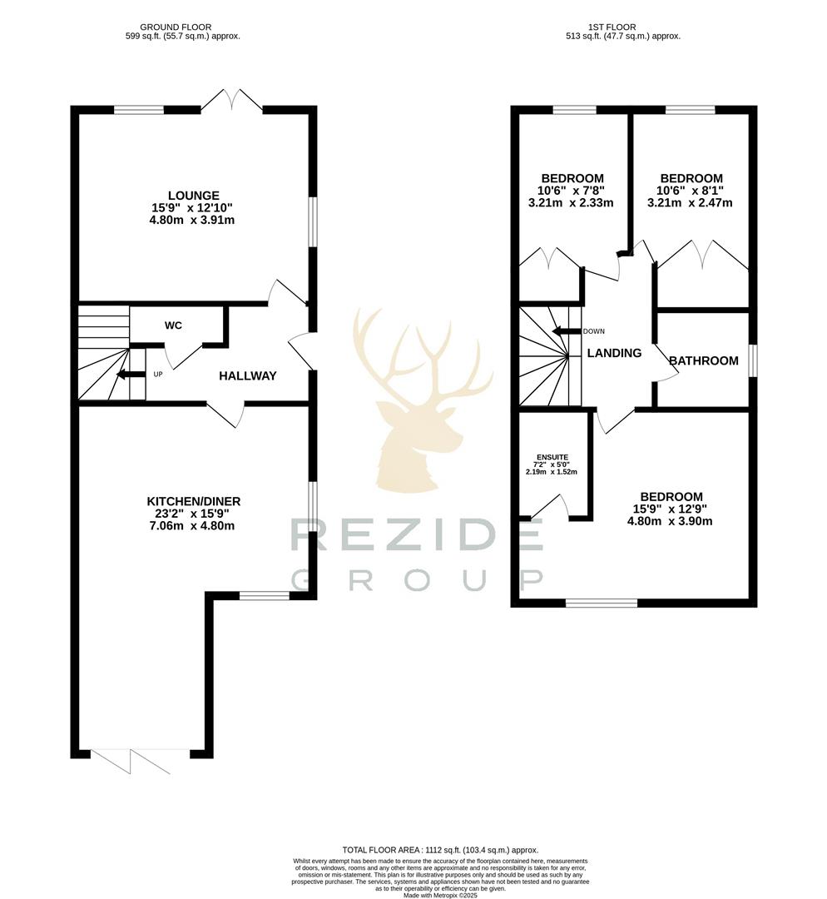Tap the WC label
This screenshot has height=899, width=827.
coord(172,325)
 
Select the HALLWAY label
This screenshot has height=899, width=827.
coord(247,376)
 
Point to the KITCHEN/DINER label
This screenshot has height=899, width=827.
coord(194,501)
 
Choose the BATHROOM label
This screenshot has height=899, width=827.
coord(704,360)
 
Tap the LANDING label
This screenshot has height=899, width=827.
coord(614,353)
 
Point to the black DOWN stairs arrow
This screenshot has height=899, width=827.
coord(567,331)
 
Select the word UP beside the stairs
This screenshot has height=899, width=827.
coord(157,375)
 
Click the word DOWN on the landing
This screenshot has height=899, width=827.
coord(594,331)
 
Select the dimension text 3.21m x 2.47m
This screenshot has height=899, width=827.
coord(691,202)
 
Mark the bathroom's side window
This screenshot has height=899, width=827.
coord(751,360)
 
